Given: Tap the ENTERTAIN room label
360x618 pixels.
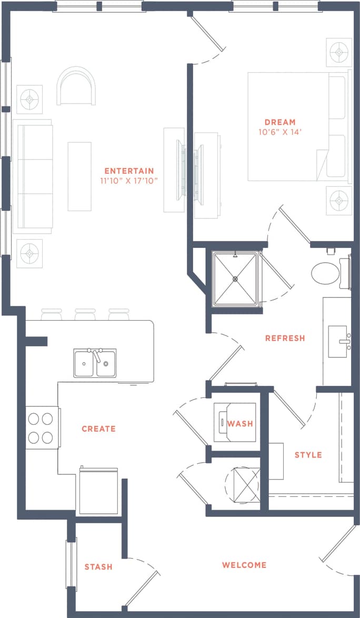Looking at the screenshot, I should [129, 171].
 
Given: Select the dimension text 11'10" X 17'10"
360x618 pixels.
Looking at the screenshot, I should [129, 181].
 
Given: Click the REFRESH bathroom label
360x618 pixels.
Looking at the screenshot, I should [285, 338].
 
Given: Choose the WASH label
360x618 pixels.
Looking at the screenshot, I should [240, 423].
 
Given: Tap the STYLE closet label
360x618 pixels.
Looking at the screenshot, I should [308, 455].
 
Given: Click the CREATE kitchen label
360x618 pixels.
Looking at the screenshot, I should [98, 428].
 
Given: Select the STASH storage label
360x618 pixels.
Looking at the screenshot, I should [98, 566].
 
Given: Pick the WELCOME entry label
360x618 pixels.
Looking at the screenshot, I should [244, 565].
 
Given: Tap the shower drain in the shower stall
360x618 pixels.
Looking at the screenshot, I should [235, 278].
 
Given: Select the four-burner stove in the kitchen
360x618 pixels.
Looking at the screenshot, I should [41, 428].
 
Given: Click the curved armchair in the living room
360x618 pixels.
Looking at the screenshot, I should [77, 87].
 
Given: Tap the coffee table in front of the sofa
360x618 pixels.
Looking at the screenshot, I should [79, 176].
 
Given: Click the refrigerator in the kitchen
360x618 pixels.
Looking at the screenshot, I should [99, 491].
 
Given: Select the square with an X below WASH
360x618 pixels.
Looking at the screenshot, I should [243, 481].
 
